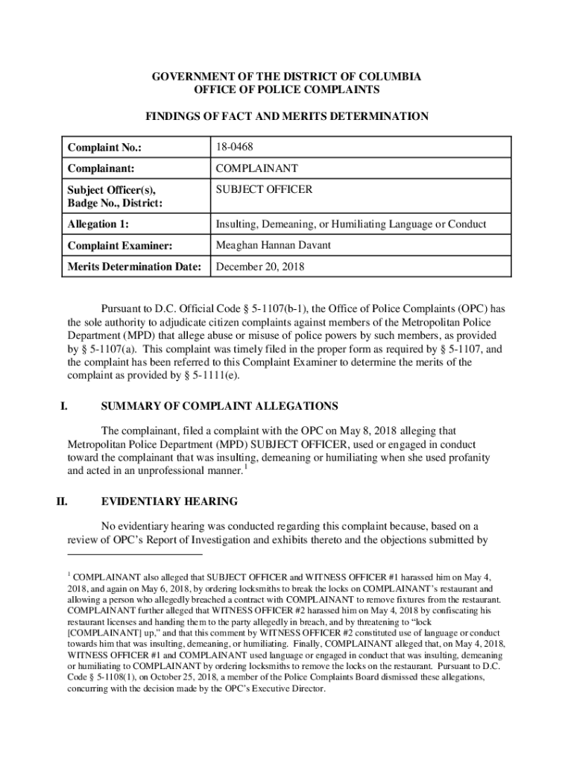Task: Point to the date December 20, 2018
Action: pos(260,266)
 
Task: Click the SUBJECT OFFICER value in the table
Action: pos(264,190)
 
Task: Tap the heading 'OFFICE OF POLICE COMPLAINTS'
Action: pos(287,90)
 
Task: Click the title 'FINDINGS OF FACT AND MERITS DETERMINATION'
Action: pos(287,116)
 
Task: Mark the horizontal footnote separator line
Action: pos(135,554)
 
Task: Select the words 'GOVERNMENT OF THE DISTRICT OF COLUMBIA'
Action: pos(287,77)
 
